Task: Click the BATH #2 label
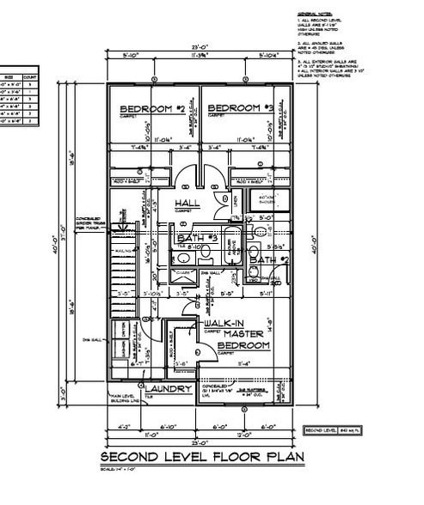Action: click(266, 259)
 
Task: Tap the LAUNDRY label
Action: click(173, 389)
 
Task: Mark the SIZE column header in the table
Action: click(9, 76)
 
